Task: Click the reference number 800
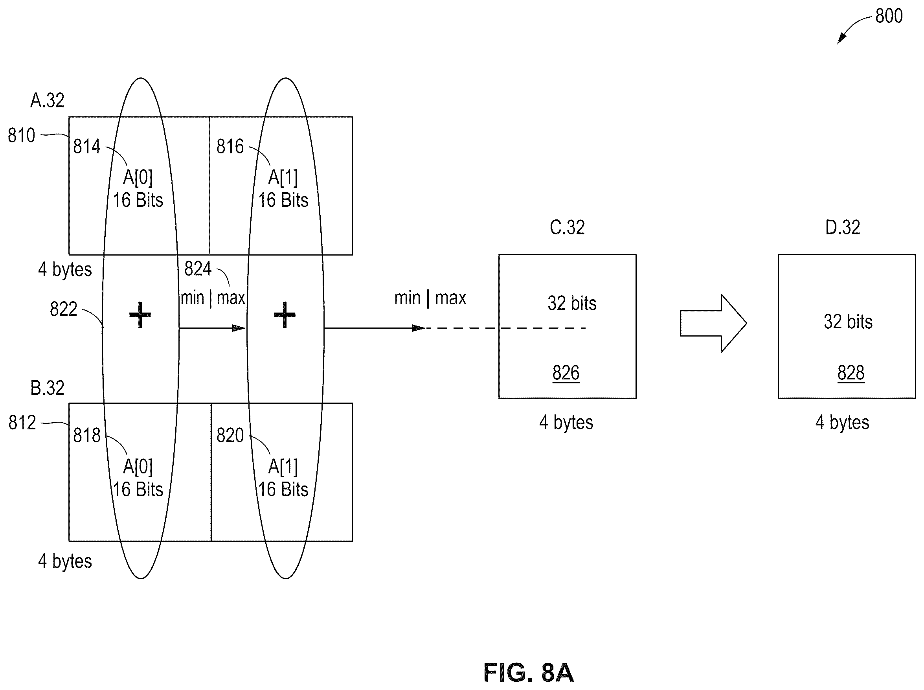pos(889,16)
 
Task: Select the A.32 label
pos(47,100)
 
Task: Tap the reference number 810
pos(21,135)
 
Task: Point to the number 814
pos(87,147)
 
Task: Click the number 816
pos(230,147)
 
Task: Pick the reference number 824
pos(198,269)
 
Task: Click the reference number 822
pos(63,309)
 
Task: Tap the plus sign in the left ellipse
pos(140,315)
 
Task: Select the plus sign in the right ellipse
pos(285,315)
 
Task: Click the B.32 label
pos(47,388)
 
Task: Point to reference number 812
pos(22,423)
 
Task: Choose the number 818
pos(87,435)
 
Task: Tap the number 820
pos(230,435)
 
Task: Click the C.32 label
pos(567,227)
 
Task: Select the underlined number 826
pos(566,373)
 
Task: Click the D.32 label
pos(843,227)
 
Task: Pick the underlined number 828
pos(851,373)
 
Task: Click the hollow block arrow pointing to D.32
pos(714,323)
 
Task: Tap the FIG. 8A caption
pos(528,672)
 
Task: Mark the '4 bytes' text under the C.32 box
pos(566,423)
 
